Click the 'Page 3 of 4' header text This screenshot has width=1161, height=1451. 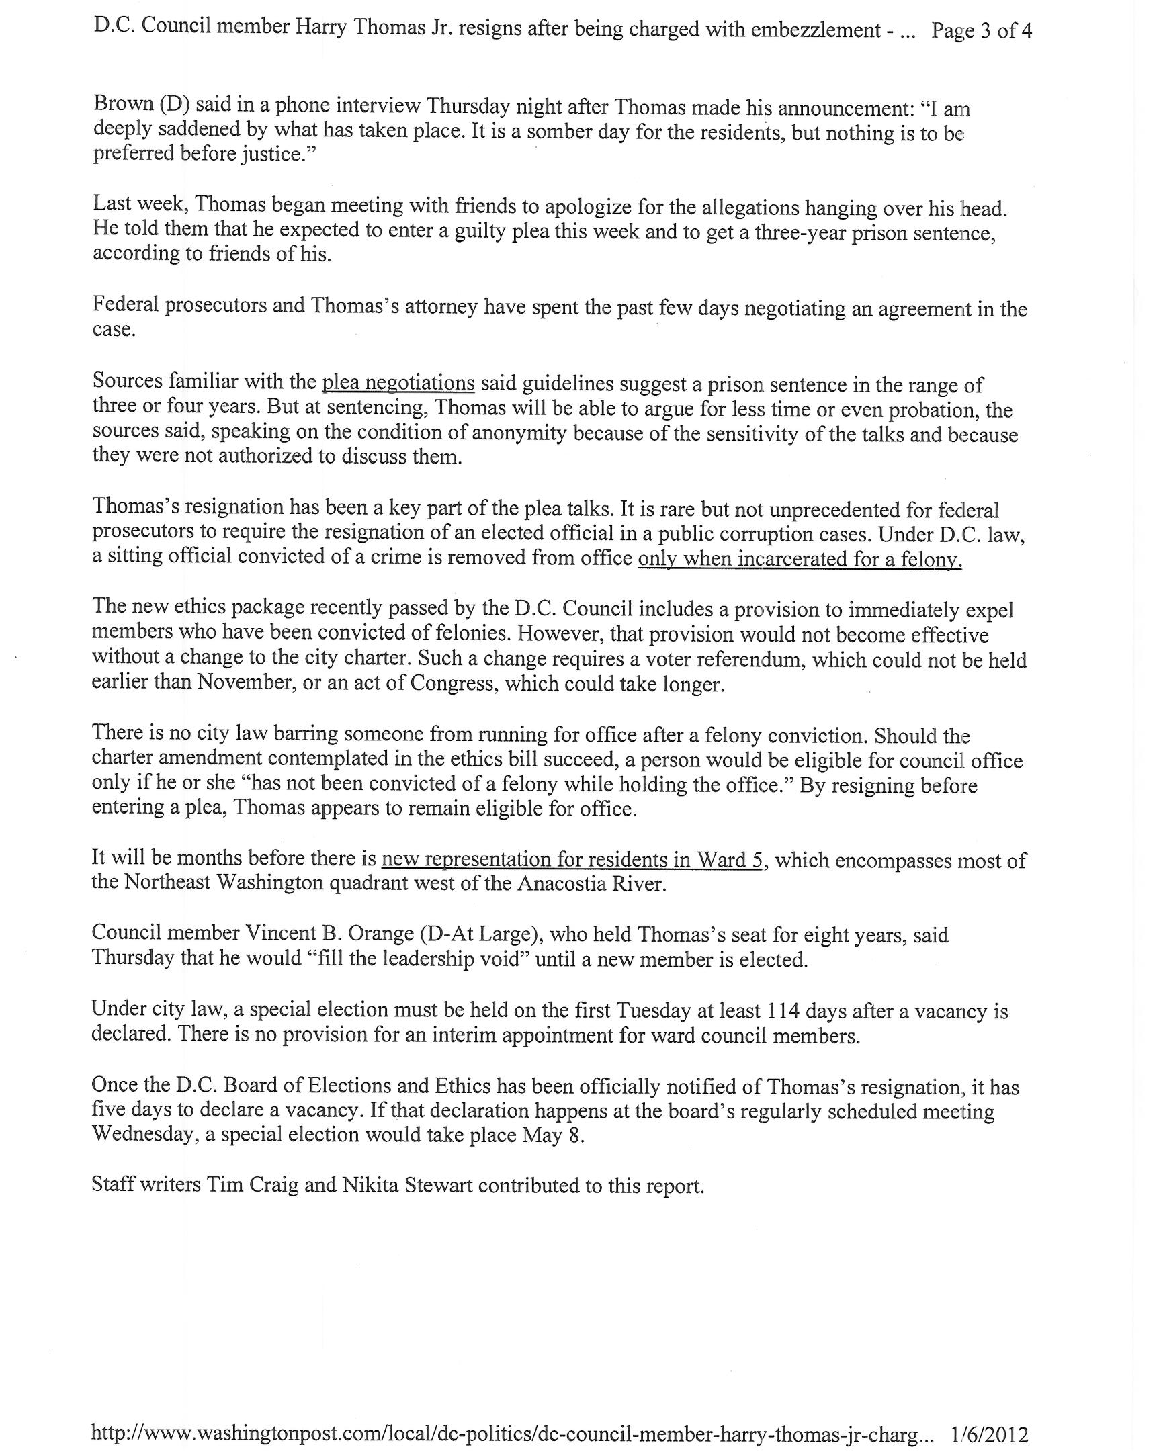point(981,31)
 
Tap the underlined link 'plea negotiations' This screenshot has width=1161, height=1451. point(398,383)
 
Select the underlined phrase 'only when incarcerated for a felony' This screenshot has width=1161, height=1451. point(800,560)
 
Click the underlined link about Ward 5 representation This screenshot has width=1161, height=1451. point(572,860)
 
